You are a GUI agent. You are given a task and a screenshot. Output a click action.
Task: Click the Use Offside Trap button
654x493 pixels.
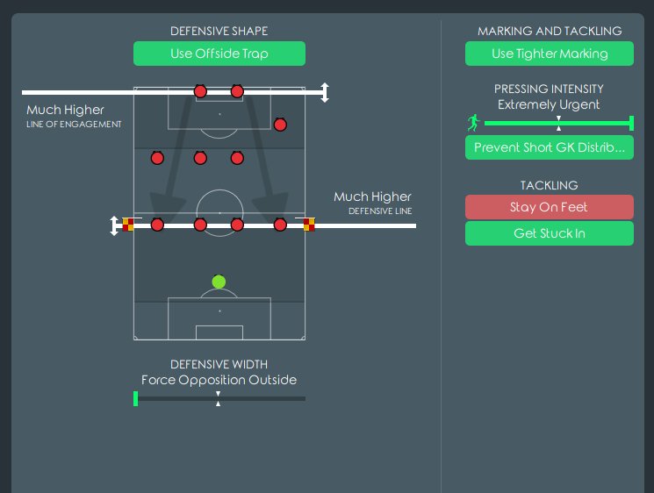click(x=219, y=54)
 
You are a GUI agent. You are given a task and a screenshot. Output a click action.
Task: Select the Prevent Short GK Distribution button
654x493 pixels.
click(x=549, y=147)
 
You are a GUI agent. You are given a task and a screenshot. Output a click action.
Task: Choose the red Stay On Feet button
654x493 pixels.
click(x=549, y=207)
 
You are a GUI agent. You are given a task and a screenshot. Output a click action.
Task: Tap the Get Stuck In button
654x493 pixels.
click(x=549, y=233)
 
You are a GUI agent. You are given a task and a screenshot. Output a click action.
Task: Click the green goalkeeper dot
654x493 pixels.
click(x=219, y=282)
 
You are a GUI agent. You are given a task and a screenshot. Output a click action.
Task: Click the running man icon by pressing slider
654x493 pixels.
click(x=473, y=123)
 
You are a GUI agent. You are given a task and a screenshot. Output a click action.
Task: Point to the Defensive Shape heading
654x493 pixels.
click(x=219, y=32)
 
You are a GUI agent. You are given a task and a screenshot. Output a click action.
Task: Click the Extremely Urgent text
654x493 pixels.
click(x=549, y=104)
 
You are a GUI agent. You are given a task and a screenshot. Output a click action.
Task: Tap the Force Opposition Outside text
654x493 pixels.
click(x=219, y=380)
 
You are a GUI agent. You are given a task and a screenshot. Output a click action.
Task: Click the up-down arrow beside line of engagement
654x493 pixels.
click(x=325, y=92)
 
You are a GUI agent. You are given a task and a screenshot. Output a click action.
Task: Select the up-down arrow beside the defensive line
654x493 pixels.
click(x=114, y=225)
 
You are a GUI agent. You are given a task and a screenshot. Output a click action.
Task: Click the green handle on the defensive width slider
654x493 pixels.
click(x=135, y=399)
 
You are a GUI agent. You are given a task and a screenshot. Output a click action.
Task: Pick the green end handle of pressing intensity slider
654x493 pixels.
click(x=631, y=123)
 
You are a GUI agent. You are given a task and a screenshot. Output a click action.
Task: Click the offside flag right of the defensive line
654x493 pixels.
click(x=309, y=225)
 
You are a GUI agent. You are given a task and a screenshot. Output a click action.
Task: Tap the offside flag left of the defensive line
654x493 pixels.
click(x=128, y=225)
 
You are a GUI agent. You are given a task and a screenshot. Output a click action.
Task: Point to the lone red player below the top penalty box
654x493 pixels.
click(x=280, y=125)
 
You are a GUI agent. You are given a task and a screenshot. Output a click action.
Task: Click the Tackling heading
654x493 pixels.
click(x=549, y=186)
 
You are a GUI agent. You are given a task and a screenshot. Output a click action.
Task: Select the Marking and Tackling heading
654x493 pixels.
click(x=549, y=32)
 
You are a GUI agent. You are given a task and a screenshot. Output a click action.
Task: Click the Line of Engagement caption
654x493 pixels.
click(x=74, y=125)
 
